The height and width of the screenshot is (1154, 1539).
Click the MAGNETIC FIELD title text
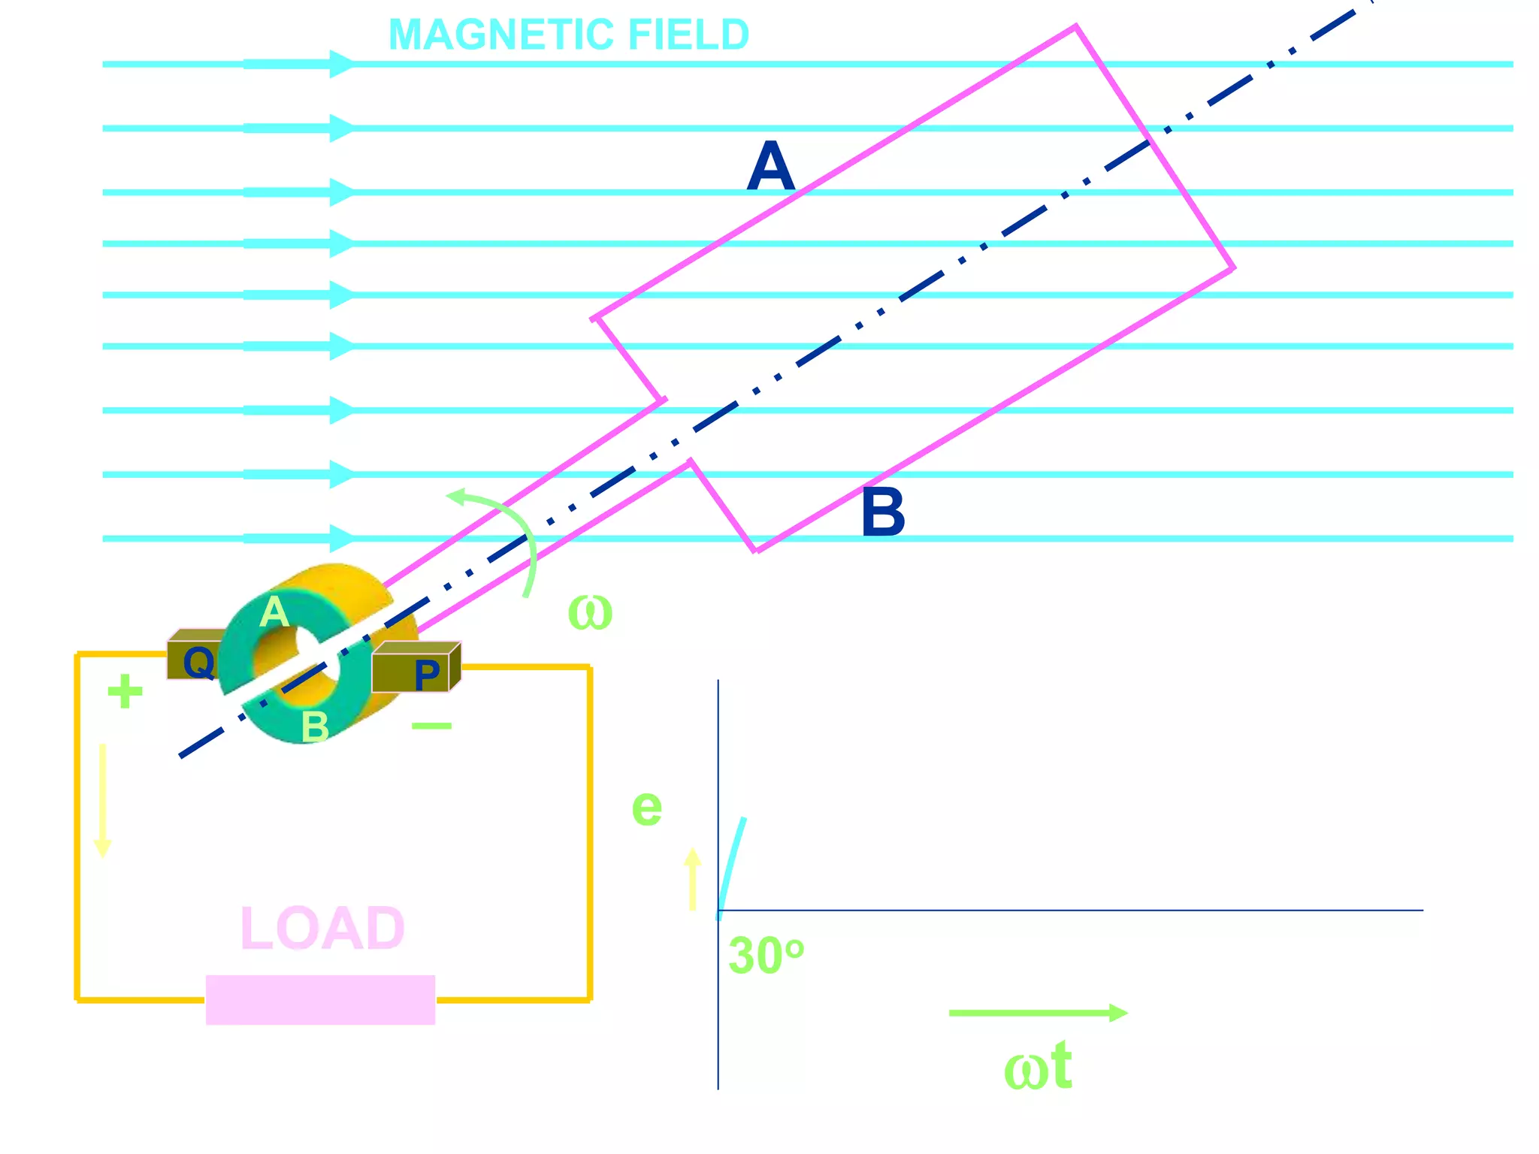point(569,35)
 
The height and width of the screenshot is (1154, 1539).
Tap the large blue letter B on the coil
point(883,513)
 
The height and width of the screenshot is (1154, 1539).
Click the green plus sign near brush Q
point(125,691)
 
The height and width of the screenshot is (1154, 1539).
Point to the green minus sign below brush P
point(431,726)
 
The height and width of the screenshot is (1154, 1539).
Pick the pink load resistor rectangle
point(320,999)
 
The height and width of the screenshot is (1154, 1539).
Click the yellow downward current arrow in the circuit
point(102,800)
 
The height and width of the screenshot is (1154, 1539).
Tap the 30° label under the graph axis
point(766,956)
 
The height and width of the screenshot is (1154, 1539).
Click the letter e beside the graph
point(647,808)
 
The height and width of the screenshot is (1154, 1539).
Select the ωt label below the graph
point(1038,1067)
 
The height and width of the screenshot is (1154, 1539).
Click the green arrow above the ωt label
point(1038,1013)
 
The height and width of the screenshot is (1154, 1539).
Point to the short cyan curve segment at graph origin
point(731,864)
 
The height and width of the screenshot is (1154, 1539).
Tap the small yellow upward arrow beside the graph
point(692,879)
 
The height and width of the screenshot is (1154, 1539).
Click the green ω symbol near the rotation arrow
point(590,612)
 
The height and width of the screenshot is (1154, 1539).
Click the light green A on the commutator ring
point(274,612)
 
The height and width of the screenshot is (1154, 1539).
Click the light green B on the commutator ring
point(315,727)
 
